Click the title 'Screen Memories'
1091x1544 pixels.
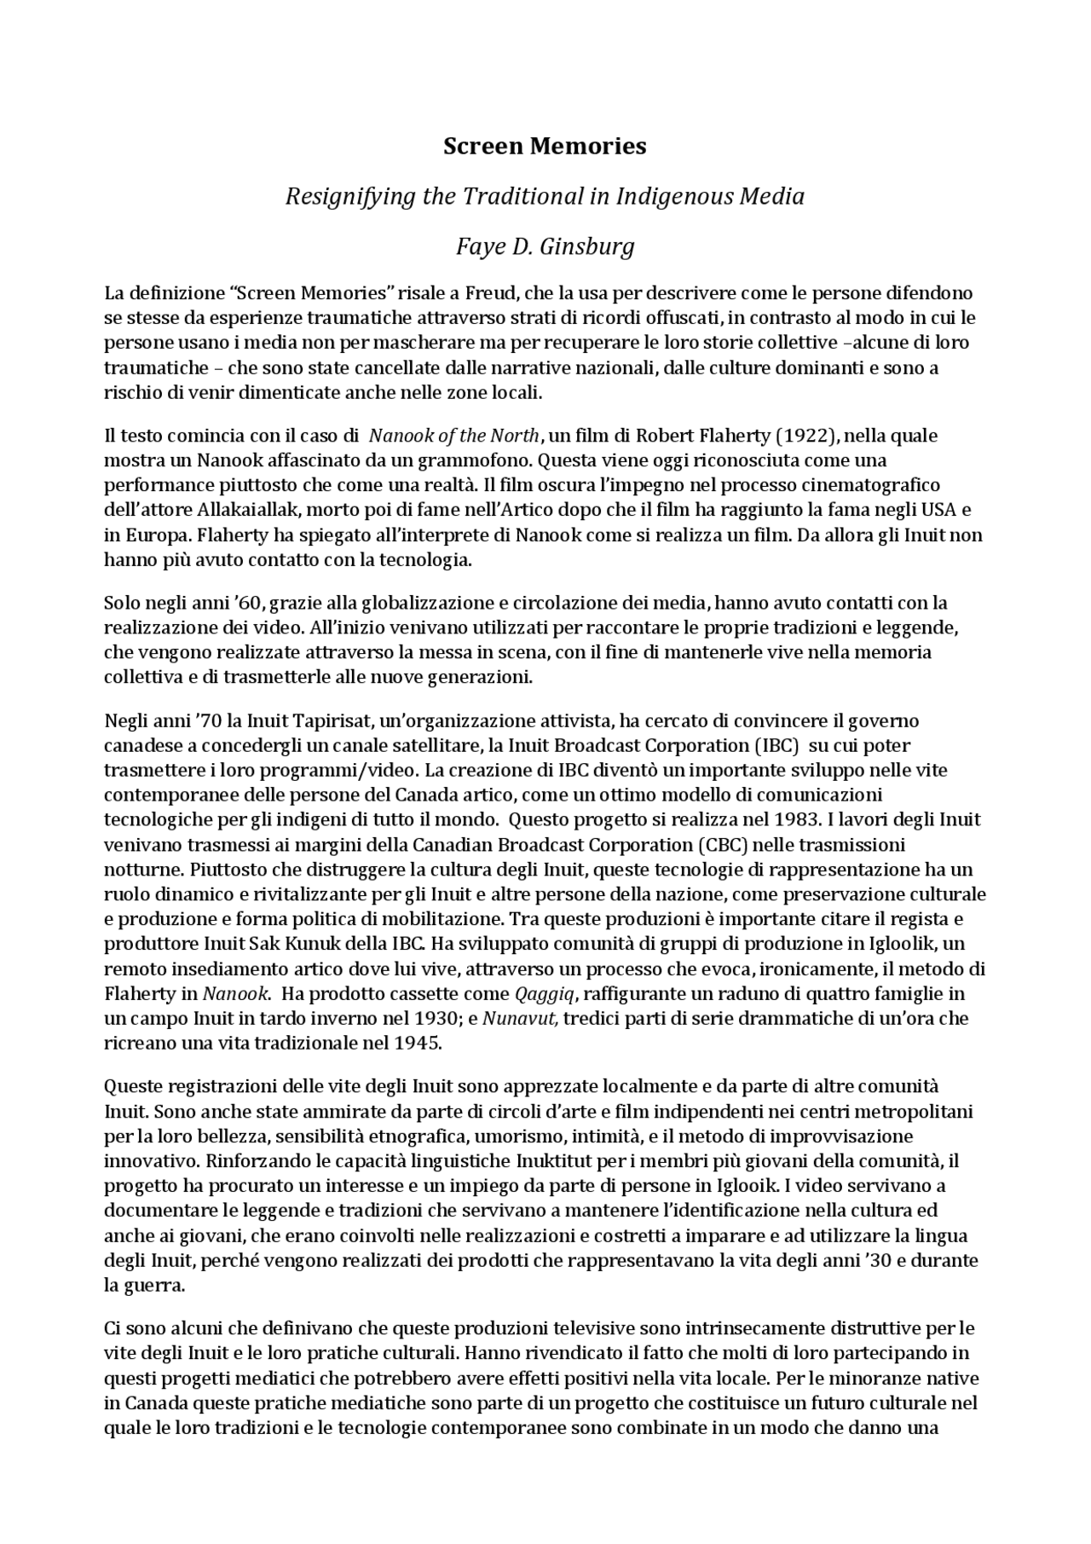coord(545,146)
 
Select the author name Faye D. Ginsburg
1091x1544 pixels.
coord(545,246)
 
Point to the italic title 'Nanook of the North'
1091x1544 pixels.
coord(454,436)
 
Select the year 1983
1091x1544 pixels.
coord(797,819)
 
